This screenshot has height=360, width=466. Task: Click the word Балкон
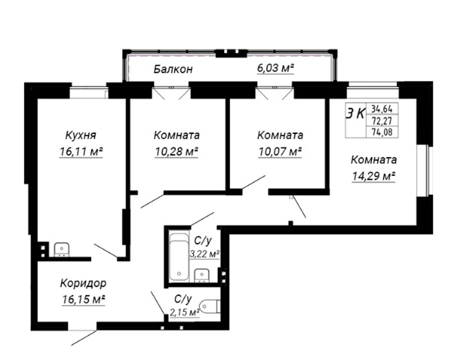(173, 69)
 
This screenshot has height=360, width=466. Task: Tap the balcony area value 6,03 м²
(276, 68)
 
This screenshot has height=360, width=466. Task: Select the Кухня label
(80, 136)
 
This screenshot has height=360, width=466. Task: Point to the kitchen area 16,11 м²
(81, 152)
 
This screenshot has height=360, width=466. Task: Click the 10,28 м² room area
(176, 152)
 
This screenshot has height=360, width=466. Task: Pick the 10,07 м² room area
(280, 152)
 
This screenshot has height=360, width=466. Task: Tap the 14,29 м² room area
(373, 177)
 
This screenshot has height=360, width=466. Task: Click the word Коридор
(83, 284)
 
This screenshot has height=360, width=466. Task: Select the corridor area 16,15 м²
(83, 299)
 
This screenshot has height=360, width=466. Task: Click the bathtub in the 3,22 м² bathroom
(179, 257)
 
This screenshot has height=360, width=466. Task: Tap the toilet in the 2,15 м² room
(210, 306)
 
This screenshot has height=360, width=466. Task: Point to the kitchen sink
(62, 250)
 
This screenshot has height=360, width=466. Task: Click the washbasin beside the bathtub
(202, 276)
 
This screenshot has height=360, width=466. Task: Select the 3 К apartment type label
(355, 114)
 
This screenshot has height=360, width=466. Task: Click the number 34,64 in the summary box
(382, 109)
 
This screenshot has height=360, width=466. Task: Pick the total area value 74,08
(382, 132)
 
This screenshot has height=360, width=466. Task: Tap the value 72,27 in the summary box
(382, 121)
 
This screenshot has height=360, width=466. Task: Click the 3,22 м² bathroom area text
(205, 254)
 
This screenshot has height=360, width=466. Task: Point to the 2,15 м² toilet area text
(184, 312)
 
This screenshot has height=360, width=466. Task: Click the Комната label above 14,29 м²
(373, 160)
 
